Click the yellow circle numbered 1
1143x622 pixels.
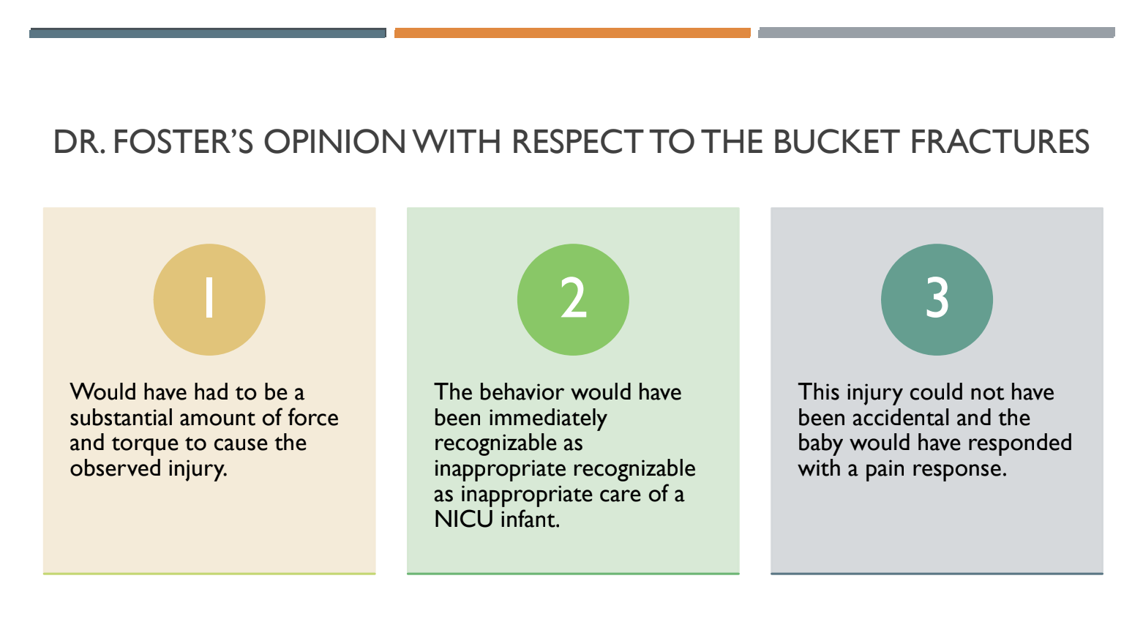coord(209,299)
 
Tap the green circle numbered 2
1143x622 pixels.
coord(573,299)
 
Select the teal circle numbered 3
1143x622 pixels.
coord(937,299)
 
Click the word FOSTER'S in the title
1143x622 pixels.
coord(183,142)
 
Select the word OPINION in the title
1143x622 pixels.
coord(334,142)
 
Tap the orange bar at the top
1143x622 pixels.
coord(572,33)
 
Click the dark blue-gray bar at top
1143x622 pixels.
coord(208,33)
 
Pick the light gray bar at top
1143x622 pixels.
coord(937,33)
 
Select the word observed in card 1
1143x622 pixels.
coord(116,468)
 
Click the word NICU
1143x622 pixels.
coord(463,520)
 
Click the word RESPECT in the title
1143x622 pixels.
coord(577,142)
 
